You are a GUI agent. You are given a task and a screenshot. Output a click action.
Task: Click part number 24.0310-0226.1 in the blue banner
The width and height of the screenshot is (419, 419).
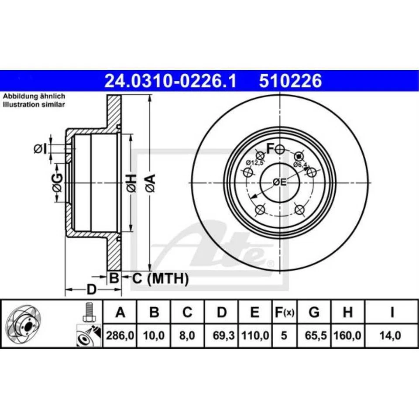170,81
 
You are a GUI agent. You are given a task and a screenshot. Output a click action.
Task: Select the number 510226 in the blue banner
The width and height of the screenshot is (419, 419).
290,81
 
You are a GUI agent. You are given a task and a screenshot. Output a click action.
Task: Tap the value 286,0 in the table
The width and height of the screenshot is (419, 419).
120,336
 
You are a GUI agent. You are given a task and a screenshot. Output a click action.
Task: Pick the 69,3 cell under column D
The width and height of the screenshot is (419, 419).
222,336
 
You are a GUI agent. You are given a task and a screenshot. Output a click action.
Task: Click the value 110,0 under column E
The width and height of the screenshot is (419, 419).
255,336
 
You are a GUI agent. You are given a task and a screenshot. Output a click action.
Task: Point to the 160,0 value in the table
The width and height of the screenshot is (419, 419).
347,336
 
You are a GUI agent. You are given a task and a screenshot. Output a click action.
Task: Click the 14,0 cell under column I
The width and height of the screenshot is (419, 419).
392,336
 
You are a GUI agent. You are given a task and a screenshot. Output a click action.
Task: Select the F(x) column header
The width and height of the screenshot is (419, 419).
284,313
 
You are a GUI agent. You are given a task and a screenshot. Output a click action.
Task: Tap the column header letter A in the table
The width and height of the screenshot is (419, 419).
120,313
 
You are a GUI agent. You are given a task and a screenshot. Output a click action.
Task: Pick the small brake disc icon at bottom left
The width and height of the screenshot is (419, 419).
24,324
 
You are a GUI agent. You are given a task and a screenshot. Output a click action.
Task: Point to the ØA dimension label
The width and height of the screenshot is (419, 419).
150,182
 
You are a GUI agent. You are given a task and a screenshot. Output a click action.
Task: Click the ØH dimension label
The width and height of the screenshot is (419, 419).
131,182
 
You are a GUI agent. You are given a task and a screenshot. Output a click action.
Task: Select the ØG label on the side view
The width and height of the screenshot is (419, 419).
57,182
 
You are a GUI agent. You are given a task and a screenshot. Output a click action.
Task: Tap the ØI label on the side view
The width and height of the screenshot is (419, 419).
40,149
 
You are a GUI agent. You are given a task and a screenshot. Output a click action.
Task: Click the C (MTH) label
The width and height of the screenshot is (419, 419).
160,278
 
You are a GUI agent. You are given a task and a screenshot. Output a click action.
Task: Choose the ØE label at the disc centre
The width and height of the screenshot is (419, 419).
279,182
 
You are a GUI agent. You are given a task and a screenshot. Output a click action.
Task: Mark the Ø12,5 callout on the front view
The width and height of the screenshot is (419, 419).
254,163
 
